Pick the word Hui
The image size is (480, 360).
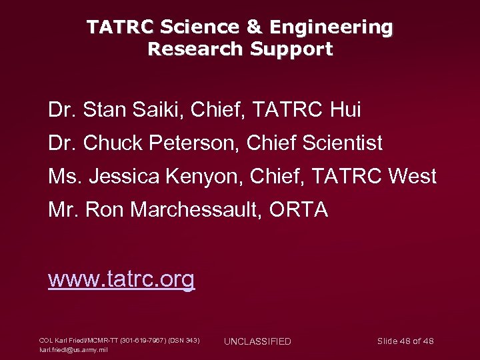[345, 109]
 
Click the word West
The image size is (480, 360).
[410, 177]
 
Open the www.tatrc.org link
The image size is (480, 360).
[121, 279]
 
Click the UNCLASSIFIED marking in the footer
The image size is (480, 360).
[257, 341]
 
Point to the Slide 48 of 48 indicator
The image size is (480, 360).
[405, 341]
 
